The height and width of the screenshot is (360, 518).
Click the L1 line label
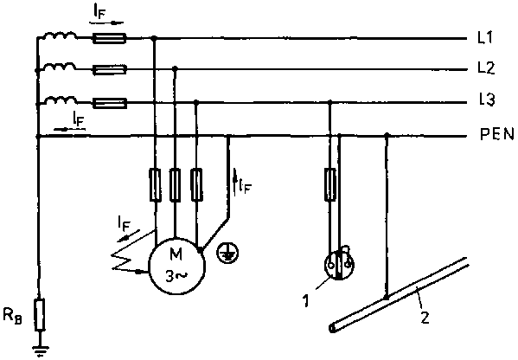click(485, 38)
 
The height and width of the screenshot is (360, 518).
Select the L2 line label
click(486, 67)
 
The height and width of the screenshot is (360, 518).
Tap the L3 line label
click(487, 100)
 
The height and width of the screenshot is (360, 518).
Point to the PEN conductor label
click(497, 134)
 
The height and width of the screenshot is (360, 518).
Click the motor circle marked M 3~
click(177, 266)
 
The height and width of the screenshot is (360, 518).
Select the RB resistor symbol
click(40, 315)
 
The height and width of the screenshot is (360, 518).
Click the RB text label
click(13, 315)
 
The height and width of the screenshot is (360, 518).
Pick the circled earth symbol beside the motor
click(227, 253)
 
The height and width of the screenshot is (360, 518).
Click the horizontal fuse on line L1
click(109, 38)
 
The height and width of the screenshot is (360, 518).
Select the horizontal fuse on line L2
click(109, 70)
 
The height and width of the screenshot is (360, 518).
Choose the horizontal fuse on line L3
click(109, 104)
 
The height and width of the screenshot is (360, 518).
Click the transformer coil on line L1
click(60, 34)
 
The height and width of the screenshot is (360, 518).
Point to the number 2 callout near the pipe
click(425, 317)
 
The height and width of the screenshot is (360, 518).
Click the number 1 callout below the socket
click(306, 301)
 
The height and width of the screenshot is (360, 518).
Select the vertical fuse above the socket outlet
click(330, 184)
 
